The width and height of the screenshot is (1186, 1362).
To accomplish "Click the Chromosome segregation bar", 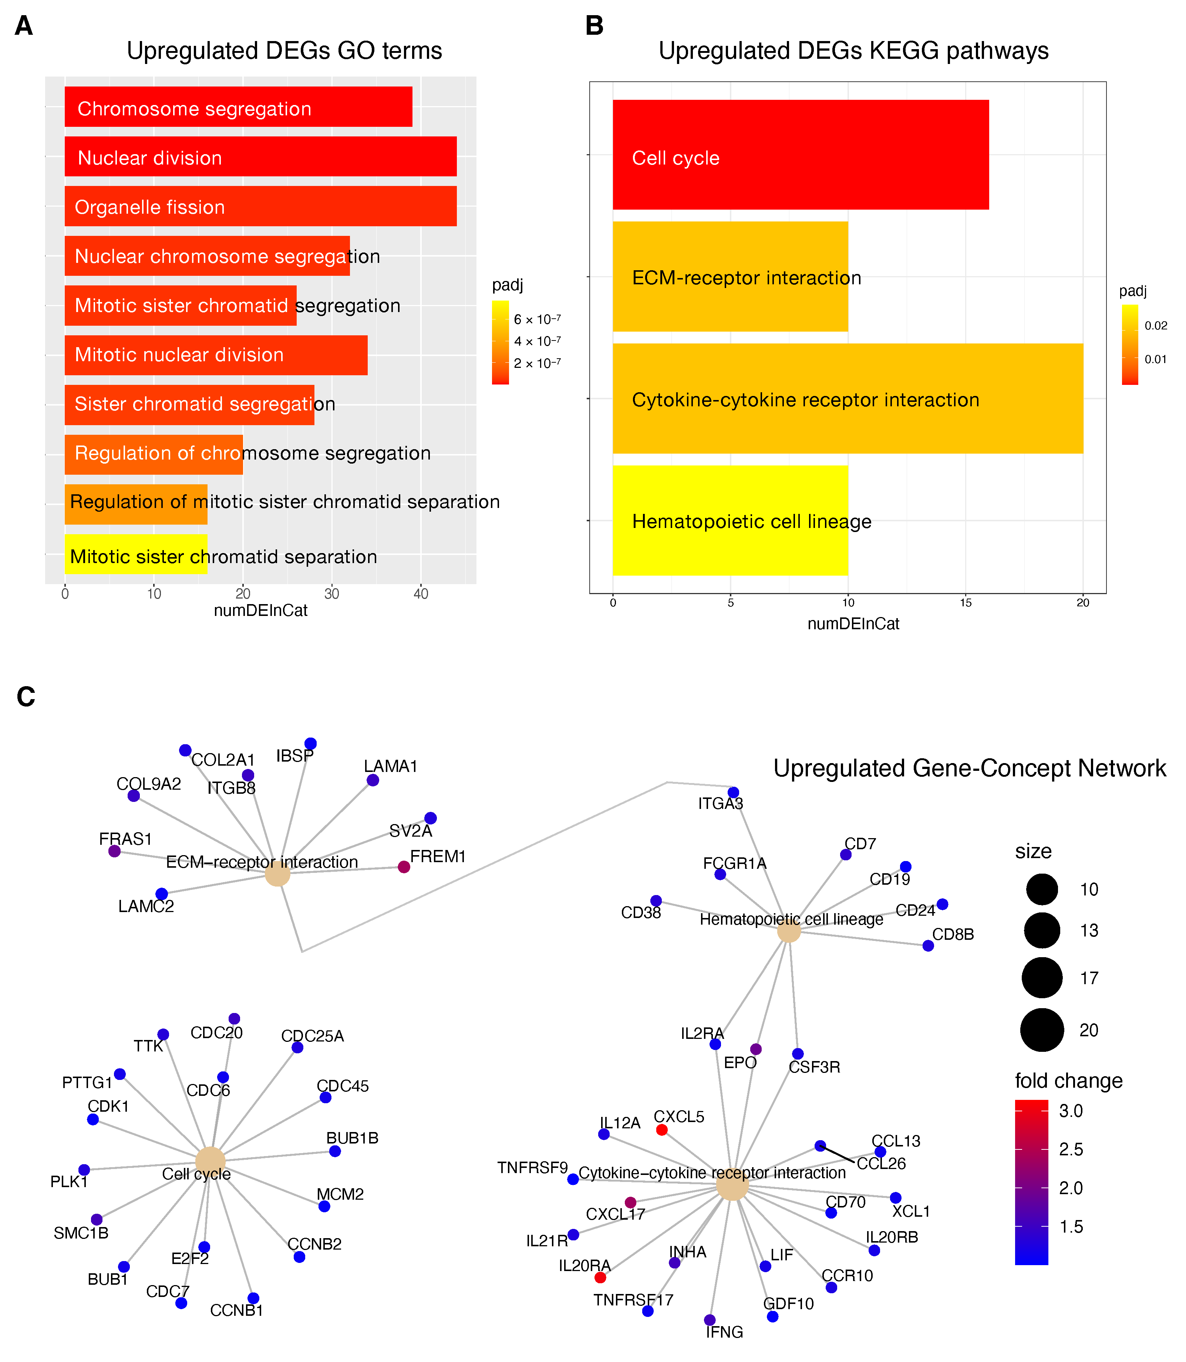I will (238, 106).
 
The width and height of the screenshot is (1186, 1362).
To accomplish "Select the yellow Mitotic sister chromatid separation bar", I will (136, 554).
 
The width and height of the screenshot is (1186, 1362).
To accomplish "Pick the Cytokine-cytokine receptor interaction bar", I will (847, 398).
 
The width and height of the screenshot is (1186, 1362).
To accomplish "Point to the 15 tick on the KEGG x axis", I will (966, 603).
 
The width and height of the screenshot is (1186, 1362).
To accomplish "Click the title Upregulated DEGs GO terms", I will (284, 51).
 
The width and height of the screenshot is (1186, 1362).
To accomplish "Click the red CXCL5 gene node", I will (661, 1130).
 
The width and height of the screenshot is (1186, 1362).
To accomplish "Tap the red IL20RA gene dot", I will (600, 1277).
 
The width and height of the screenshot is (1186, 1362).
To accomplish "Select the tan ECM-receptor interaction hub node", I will (277, 874).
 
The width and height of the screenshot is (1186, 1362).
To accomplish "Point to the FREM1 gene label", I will (438, 857).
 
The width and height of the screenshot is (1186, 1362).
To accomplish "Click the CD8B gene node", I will (928, 946).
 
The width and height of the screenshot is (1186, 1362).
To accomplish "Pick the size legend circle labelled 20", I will (1042, 1030).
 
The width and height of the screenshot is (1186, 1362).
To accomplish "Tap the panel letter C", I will (26, 697).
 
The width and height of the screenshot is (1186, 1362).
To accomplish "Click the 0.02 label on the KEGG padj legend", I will (1156, 325).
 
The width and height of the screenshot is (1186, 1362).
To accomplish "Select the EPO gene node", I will (756, 1049).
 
